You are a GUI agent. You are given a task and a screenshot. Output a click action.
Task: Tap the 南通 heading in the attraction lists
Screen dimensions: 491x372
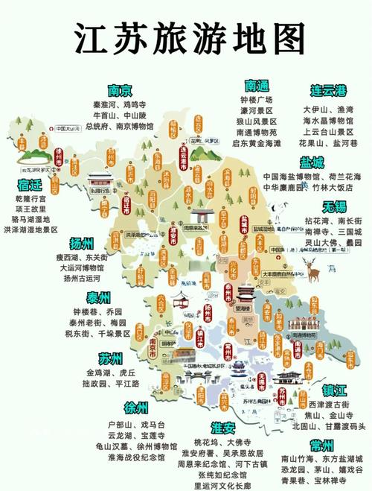pos(256,86)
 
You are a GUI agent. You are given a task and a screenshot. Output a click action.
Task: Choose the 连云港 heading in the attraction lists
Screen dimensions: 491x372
pos(329,91)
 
